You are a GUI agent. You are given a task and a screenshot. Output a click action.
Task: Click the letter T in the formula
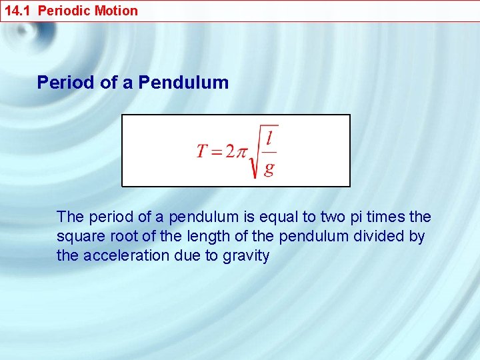pos(203,151)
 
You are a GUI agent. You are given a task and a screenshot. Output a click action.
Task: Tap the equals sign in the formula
pos(217,151)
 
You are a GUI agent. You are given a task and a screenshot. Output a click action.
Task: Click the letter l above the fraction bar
pos(268,139)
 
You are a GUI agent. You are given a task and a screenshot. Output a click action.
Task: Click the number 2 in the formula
pos(230,151)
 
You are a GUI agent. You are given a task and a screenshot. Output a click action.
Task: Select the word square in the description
pos(78,237)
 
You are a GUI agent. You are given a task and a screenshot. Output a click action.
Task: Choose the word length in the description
pos(203,237)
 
